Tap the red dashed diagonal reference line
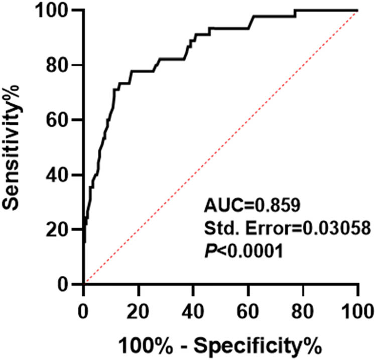coord(221,147)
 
